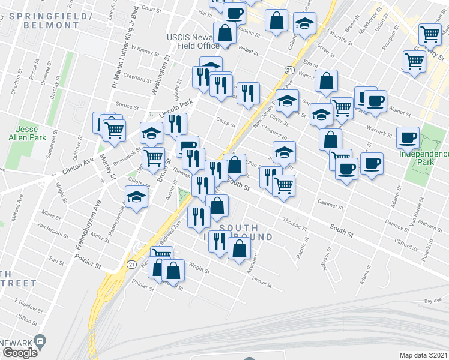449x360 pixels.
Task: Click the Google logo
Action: coord(20,353)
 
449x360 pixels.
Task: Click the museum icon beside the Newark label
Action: coord(41,341)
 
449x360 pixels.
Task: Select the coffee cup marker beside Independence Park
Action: coord(408,137)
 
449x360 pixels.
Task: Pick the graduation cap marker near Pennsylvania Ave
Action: coord(136,197)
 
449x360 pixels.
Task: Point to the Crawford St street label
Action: coord(138,78)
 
